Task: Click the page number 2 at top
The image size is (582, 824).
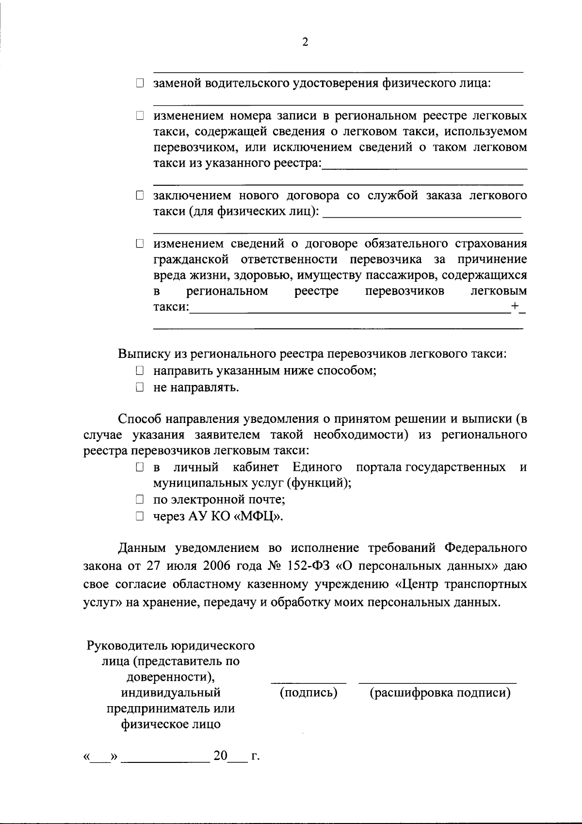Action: point(305,42)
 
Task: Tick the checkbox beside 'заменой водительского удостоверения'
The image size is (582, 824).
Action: point(140,84)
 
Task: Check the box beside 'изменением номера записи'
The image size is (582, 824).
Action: point(140,116)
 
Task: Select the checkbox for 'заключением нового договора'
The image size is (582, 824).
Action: point(140,196)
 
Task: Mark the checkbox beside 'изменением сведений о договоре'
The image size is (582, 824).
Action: point(140,243)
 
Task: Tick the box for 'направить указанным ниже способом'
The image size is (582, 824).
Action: point(140,372)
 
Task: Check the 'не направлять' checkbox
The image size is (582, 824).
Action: point(140,388)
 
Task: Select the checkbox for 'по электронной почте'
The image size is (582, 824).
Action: point(140,500)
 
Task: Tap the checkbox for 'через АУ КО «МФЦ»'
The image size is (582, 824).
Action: point(140,517)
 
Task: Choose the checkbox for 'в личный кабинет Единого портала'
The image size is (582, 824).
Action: point(140,468)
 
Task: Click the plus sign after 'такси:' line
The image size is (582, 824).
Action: point(515,306)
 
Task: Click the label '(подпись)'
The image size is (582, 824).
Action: point(308,693)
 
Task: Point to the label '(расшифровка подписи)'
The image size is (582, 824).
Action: point(440,693)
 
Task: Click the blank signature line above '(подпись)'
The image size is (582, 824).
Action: point(308,682)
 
